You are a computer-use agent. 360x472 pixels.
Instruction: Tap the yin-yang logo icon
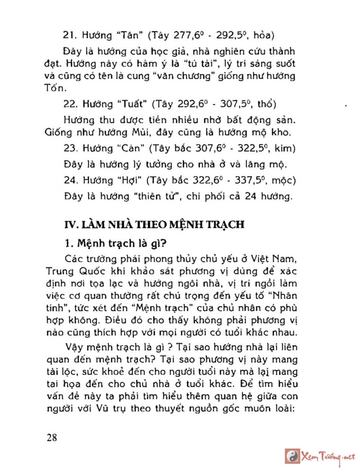pyautogui.click(x=292, y=456)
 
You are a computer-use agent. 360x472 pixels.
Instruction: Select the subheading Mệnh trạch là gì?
pyautogui.click(x=116, y=244)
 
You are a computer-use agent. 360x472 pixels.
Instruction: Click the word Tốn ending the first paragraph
pyautogui.click(x=55, y=87)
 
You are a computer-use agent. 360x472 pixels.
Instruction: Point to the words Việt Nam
pyautogui.click(x=274, y=260)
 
